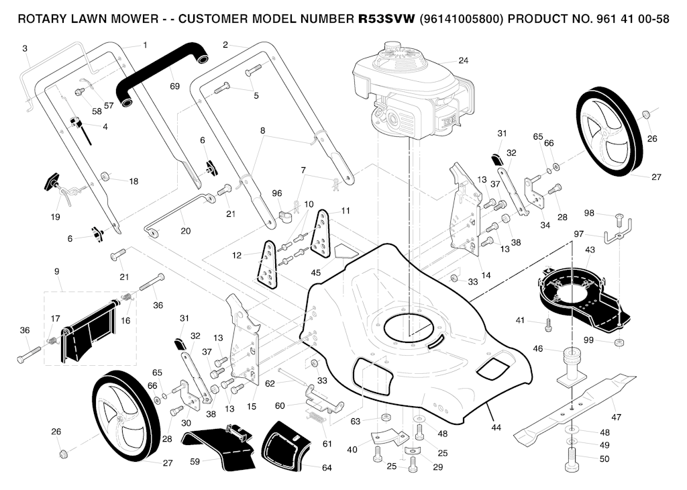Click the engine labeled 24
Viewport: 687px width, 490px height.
(409, 94)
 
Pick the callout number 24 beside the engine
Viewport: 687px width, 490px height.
(463, 60)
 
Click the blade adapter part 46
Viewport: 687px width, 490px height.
(572, 366)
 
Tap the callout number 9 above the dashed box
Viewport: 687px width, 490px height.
(57, 271)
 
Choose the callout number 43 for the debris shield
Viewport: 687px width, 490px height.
(590, 250)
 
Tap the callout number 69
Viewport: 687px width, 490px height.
(174, 87)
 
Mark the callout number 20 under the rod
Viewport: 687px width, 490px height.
(185, 231)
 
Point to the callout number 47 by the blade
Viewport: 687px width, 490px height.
(616, 418)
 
